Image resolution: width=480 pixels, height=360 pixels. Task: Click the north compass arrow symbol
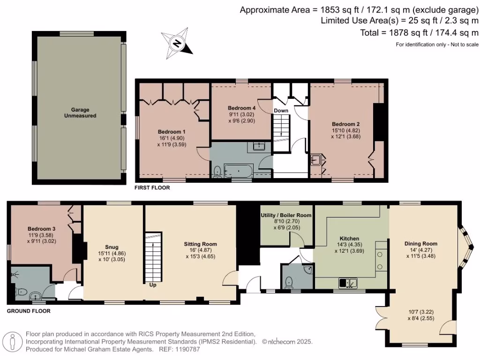177,44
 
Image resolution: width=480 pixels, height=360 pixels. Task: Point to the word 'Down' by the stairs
281,111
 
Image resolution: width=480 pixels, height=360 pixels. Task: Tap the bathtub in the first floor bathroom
239,170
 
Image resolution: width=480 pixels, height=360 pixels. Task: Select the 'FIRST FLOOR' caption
152,188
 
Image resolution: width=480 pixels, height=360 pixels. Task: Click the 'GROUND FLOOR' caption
29,311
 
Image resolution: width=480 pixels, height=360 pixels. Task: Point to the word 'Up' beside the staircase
153,285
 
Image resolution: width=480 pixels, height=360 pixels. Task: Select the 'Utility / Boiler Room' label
286,215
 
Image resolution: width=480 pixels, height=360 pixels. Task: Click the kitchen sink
348,283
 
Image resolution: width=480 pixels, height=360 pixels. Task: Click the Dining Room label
420,244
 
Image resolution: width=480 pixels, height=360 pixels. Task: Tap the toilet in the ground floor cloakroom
289,282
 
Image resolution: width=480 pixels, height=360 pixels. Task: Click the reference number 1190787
187,349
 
